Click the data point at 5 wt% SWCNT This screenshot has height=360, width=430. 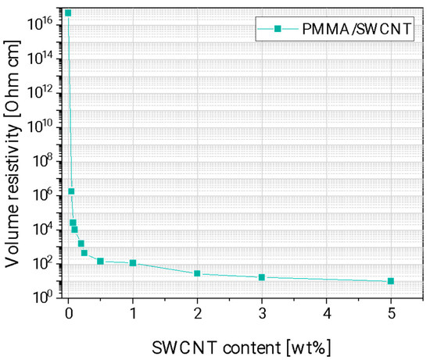click(390, 281)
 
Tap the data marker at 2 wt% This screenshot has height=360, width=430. click(197, 273)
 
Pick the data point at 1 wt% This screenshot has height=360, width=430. click(133, 263)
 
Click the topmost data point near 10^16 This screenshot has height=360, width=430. click(68, 13)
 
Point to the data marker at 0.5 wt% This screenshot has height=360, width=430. click(100, 261)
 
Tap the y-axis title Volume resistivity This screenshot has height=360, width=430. click(13, 156)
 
